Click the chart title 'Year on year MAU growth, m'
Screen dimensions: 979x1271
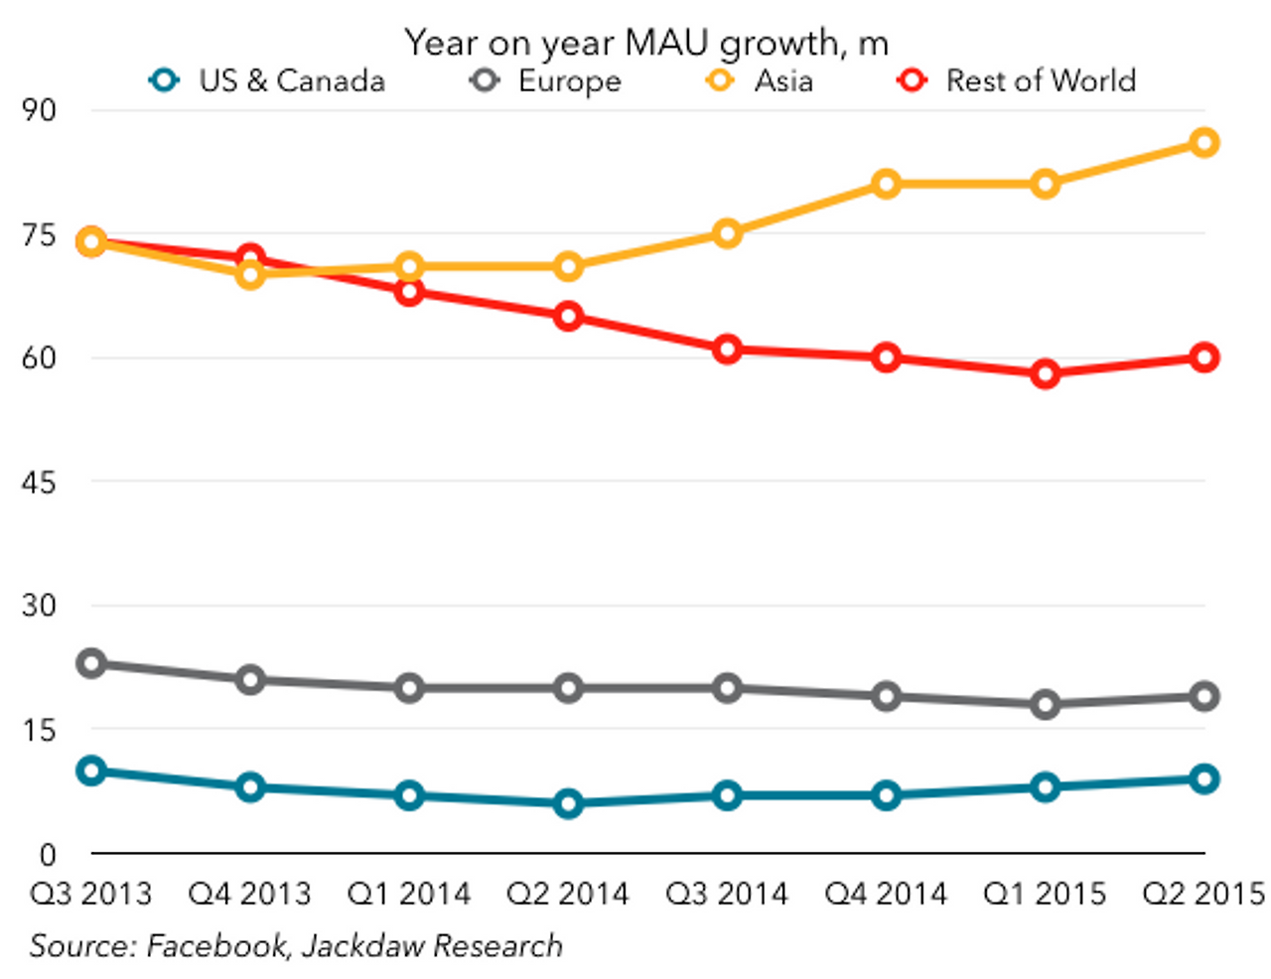point(645,43)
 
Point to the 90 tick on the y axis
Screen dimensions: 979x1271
point(40,109)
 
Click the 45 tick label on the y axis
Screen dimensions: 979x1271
point(40,482)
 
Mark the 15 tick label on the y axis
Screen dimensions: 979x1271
point(40,730)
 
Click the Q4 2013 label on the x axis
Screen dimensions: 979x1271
point(249,894)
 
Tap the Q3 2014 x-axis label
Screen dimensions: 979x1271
point(727,894)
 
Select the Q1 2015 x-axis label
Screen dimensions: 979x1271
point(1045,894)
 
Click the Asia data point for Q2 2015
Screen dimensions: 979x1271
point(1204,143)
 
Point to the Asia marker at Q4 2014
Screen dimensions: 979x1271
point(886,184)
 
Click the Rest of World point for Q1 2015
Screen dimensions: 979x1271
point(1045,374)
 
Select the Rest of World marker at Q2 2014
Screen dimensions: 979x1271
point(568,317)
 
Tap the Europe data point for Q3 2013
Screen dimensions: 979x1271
point(91,663)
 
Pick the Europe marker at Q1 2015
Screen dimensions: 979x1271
point(1045,705)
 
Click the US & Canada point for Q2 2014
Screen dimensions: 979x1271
point(568,803)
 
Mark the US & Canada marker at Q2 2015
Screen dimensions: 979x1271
point(1204,779)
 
